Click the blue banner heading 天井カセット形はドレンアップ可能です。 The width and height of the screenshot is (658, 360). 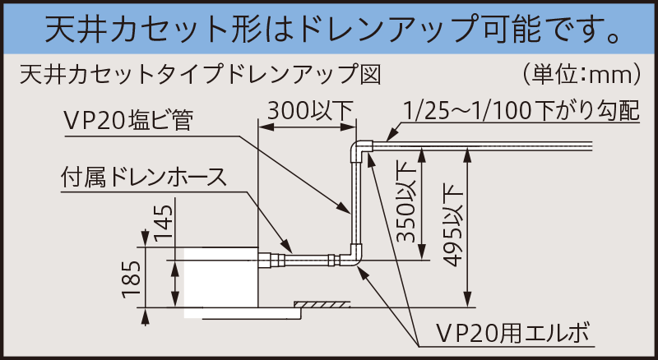[329, 29]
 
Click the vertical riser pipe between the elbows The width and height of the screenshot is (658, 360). [355, 205]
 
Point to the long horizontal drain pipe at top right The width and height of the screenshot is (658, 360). [493, 145]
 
